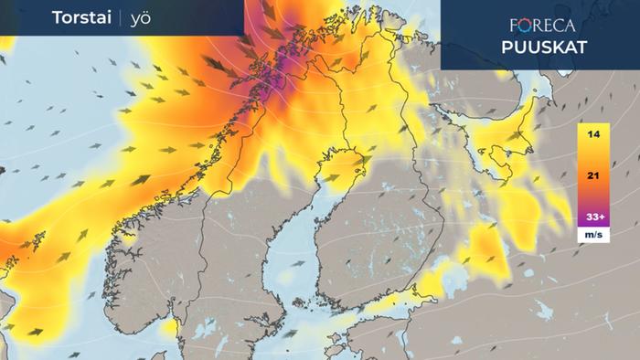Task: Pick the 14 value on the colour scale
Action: point(593,135)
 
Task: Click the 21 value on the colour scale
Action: point(593,175)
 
